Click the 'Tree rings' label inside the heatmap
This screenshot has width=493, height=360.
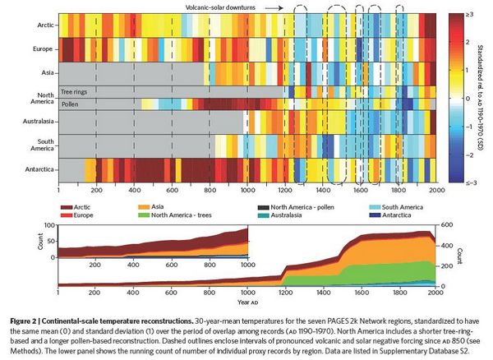(76, 90)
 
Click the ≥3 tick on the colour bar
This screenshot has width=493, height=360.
(471, 15)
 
